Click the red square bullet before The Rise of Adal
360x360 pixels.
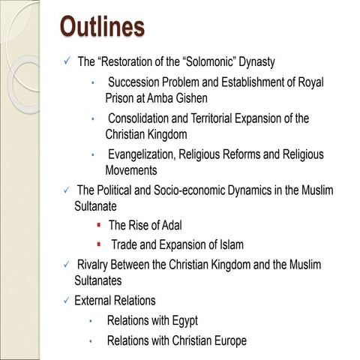click(x=99, y=225)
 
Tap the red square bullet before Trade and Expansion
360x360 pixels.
click(x=99, y=244)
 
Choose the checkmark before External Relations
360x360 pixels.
click(x=66, y=301)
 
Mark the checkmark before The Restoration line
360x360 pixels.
click(x=66, y=61)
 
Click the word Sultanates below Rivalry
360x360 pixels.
click(x=97, y=280)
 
